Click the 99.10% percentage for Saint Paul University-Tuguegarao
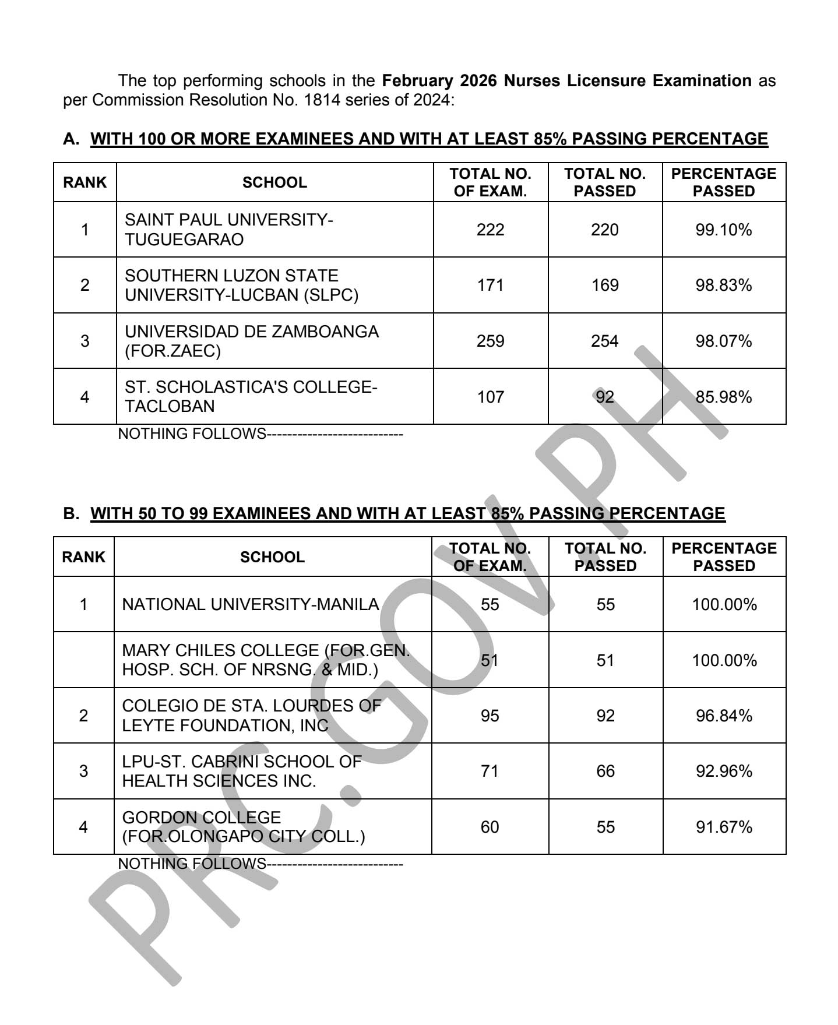click(x=723, y=230)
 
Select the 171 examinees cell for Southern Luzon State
click(x=490, y=285)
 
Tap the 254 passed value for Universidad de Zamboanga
click(x=604, y=341)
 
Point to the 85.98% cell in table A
click(x=723, y=397)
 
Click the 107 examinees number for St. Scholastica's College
click(x=490, y=397)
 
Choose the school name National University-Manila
click(x=251, y=604)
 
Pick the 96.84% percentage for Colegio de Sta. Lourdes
click(x=724, y=716)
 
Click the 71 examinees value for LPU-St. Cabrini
click(x=490, y=771)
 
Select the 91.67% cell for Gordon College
click(x=724, y=827)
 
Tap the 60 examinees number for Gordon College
click(x=490, y=827)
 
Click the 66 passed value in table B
click(x=605, y=771)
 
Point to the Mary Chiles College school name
click(x=266, y=660)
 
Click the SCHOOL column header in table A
click(x=274, y=182)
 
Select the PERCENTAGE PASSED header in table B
click(x=724, y=557)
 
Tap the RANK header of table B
click(x=83, y=557)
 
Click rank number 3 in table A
click(x=84, y=341)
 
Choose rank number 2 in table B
click(x=83, y=716)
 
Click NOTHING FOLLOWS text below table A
click(x=192, y=434)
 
